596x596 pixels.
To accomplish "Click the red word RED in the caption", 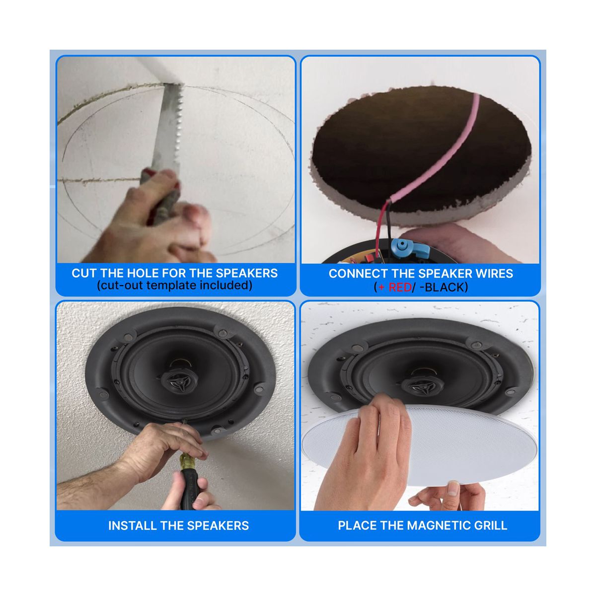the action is point(400,288).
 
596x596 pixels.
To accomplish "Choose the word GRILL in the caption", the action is point(491,525).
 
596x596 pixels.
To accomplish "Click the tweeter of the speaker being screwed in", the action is point(176,381).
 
